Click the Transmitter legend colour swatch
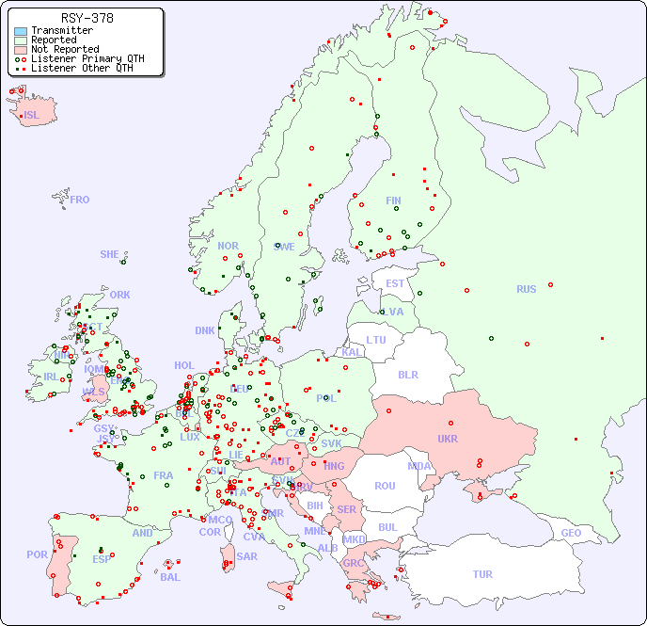pos(21,31)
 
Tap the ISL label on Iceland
pos(32,116)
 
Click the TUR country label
pos(482,574)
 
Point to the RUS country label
pos(526,289)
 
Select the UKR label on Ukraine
pos(448,439)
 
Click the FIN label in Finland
pos(393,201)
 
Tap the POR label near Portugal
pos(37,555)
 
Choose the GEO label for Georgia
pos(571,533)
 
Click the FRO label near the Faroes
pos(80,200)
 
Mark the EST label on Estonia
pos(395,283)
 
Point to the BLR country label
pos(408,374)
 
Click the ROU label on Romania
pos(385,486)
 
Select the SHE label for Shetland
pos(110,254)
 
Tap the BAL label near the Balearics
pos(169,577)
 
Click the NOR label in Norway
pos(228,246)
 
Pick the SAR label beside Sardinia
pos(246,556)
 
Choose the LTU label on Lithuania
pos(376,340)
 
